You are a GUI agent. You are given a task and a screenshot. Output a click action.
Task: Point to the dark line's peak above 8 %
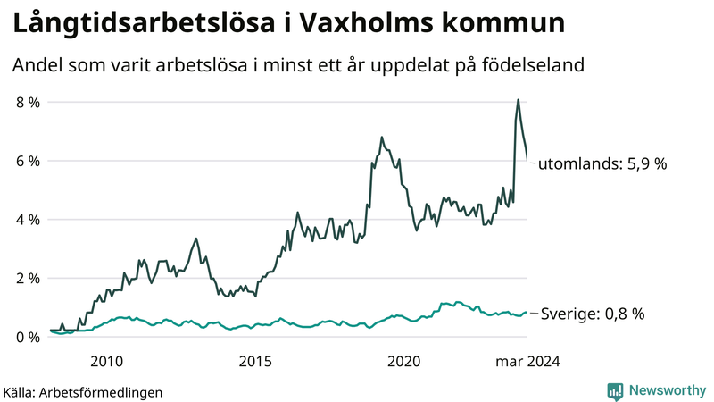point(519,99)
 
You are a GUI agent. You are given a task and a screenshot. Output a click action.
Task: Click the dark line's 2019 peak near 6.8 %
point(382,138)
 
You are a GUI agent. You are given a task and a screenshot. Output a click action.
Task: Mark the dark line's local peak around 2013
point(196,239)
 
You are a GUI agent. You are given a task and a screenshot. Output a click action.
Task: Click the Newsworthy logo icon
point(615,390)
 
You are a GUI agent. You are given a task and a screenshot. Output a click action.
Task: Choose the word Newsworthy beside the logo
point(666,390)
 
